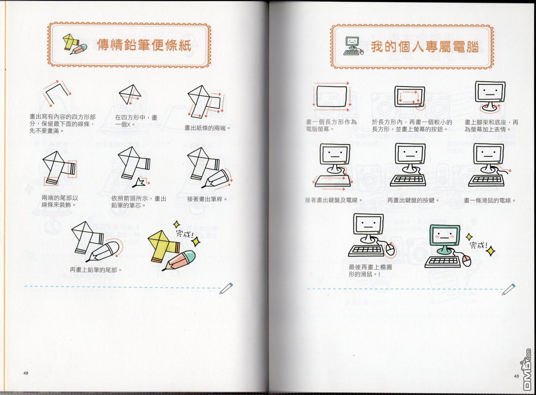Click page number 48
(x=26, y=373)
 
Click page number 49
(x=516, y=376)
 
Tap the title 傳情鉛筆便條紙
(x=144, y=45)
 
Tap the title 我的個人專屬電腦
(x=425, y=47)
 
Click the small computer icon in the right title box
(x=353, y=46)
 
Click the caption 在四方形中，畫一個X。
(x=136, y=121)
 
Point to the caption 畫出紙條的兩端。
(x=208, y=128)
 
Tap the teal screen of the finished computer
(x=445, y=236)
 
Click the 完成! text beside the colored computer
(x=479, y=245)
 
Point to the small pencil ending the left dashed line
(x=226, y=288)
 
